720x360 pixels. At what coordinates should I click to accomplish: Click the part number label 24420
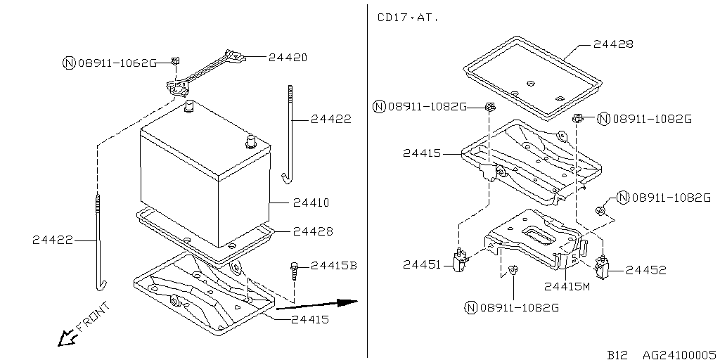pyautogui.click(x=288, y=57)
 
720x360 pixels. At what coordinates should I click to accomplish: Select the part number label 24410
pyautogui.click(x=311, y=202)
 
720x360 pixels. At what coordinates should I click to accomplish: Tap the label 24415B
pyautogui.click(x=334, y=265)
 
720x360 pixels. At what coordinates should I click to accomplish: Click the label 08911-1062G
pyautogui.click(x=117, y=63)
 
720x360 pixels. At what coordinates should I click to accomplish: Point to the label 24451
pyautogui.click(x=423, y=264)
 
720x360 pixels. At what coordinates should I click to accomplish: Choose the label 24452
pyautogui.click(x=645, y=269)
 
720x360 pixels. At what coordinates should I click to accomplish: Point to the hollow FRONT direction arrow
pyautogui.click(x=67, y=338)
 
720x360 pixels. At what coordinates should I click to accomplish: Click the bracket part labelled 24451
pyautogui.click(x=461, y=261)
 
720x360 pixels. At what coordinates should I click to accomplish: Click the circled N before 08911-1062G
pyautogui.click(x=68, y=63)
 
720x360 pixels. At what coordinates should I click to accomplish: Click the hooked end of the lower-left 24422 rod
pyautogui.click(x=101, y=285)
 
